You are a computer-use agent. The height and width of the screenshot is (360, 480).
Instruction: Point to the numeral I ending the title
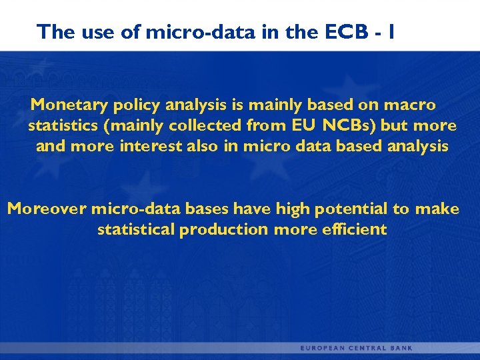391,31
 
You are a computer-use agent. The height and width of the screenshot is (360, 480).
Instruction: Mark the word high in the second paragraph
293,209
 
